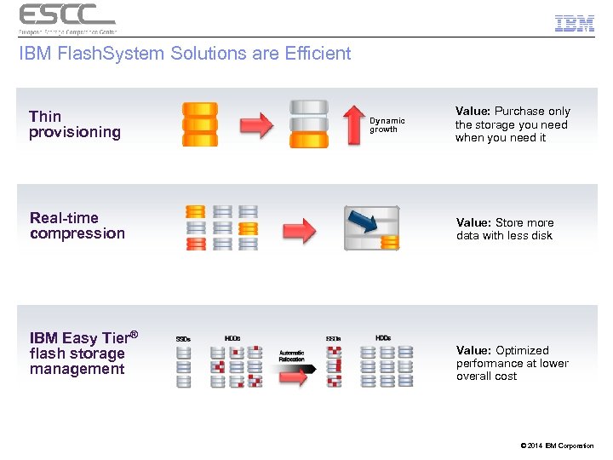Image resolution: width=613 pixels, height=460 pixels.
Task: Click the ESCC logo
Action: [66, 18]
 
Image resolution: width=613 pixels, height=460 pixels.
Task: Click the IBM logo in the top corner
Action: [574, 24]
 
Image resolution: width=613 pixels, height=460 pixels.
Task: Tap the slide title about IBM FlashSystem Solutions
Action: [185, 54]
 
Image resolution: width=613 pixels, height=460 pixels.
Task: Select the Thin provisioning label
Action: [74, 124]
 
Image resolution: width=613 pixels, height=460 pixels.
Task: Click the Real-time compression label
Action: [77, 226]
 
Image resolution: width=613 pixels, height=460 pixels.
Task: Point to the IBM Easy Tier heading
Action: [83, 338]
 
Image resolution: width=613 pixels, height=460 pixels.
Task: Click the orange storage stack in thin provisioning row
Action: [200, 124]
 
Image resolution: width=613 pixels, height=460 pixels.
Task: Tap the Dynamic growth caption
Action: [387, 125]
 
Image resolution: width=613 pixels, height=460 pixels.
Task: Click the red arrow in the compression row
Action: [299, 229]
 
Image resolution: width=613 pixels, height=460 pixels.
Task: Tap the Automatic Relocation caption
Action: [291, 355]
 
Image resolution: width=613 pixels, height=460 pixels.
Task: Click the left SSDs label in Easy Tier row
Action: [183, 339]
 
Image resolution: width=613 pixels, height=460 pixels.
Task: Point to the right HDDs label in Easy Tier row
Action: [383, 338]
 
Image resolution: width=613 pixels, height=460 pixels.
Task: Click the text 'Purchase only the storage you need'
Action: [513, 124]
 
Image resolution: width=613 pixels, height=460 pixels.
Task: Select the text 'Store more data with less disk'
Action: [505, 229]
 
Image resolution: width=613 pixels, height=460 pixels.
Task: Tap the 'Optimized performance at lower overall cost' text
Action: [512, 363]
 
